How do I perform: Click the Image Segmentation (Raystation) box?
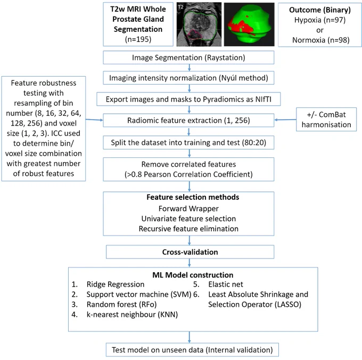pyautogui.click(x=188, y=57)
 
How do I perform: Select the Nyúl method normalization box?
pyautogui.click(x=188, y=78)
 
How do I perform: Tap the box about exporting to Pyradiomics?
pyautogui.click(x=188, y=99)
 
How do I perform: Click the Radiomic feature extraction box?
pyautogui.click(x=188, y=120)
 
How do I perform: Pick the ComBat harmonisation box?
pyautogui.click(x=326, y=120)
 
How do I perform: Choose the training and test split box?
pyautogui.click(x=188, y=143)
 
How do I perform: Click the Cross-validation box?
pyautogui.click(x=190, y=252)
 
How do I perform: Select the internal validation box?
pyautogui.click(x=192, y=350)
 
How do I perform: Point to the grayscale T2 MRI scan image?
pyautogui.click(x=199, y=24)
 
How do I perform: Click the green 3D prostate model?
pyautogui.click(x=249, y=24)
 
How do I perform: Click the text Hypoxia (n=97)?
pyautogui.click(x=320, y=20)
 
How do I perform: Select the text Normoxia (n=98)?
pyautogui.click(x=321, y=40)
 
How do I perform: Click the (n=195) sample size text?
pyautogui.click(x=138, y=39)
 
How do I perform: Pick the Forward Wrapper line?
pyautogui.click(x=188, y=208)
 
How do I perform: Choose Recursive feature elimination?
pyautogui.click(x=188, y=229)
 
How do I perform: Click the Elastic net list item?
pyautogui.click(x=218, y=284)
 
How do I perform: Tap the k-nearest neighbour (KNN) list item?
pyautogui.click(x=125, y=315)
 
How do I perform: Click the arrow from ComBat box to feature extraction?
pyautogui.click(x=285, y=120)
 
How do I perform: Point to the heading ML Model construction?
pyautogui.click(x=193, y=275)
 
